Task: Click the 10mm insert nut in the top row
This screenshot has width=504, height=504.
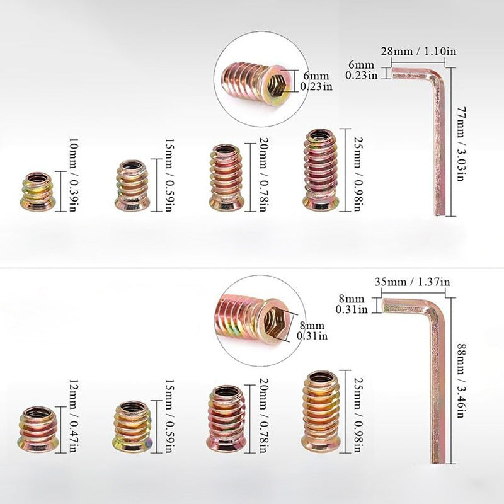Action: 38,190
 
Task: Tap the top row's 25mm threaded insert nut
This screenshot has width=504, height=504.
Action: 321,169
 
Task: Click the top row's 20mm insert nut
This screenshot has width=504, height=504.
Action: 227,177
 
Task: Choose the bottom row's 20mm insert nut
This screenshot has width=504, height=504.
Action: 227,418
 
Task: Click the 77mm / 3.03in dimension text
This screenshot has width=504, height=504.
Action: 462,144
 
